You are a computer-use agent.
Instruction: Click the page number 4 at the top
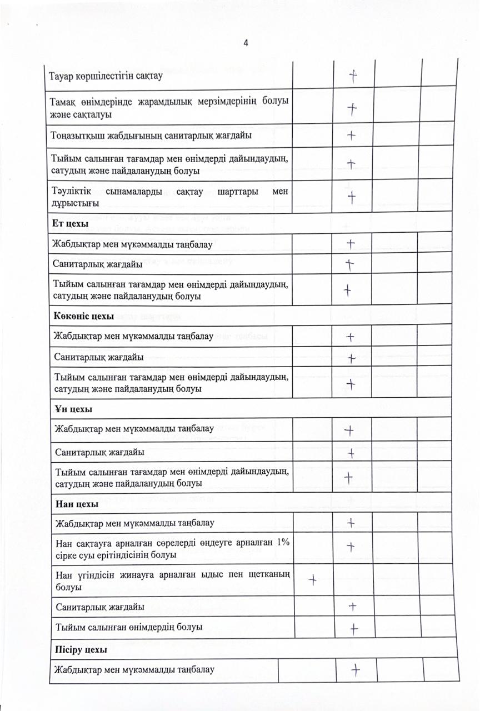[246, 44]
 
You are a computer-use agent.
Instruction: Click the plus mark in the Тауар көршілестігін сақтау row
[353, 76]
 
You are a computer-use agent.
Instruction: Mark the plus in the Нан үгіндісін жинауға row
[313, 580]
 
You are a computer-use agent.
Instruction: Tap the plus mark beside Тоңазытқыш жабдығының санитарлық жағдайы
[351, 135]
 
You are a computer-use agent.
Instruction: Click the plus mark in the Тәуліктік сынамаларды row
[351, 196]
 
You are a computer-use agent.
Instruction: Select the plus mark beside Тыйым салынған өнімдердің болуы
[353, 628]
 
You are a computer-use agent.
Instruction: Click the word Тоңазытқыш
[78, 135]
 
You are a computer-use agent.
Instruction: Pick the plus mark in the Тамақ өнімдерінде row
[352, 109]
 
